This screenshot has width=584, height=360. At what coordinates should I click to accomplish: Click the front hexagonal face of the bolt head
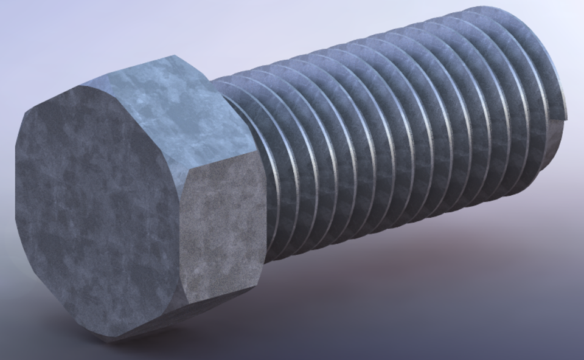click(97, 207)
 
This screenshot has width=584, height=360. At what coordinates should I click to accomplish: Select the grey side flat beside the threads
click(222, 231)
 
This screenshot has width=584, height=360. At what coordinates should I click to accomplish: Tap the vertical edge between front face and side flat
click(182, 243)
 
